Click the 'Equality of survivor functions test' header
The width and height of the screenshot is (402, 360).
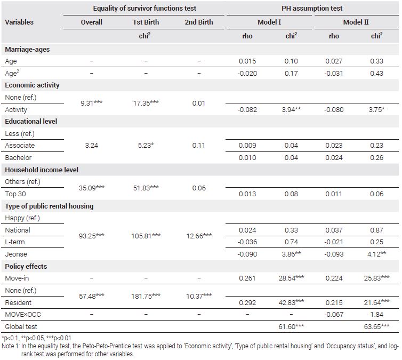point(144,8)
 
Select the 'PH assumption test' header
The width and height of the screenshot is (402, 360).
point(312,8)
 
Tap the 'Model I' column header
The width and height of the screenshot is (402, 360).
point(269,22)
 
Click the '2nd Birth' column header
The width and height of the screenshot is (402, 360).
point(199,22)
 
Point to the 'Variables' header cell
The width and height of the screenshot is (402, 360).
point(19,22)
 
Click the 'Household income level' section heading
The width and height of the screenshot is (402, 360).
point(42,170)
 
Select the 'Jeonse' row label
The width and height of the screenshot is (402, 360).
point(16,254)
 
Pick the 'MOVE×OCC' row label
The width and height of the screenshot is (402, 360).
point(23,314)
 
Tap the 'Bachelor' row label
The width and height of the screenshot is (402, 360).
point(18,157)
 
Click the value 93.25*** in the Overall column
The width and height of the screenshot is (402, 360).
point(92,236)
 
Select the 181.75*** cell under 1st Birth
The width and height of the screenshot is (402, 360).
point(146,296)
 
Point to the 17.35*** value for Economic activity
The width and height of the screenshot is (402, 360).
point(146,103)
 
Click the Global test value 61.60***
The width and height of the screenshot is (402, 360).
point(291,326)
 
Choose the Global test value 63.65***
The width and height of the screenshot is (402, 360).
point(376,326)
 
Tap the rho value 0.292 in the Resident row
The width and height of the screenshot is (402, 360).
point(247,302)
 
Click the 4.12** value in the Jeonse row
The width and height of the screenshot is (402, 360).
point(376,254)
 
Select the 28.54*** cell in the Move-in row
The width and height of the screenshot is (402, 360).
point(291,278)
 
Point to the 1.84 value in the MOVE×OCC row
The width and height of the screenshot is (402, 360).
point(376,314)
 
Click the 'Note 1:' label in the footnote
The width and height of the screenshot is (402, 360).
point(11,346)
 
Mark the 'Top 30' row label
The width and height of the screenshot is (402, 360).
point(15,194)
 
